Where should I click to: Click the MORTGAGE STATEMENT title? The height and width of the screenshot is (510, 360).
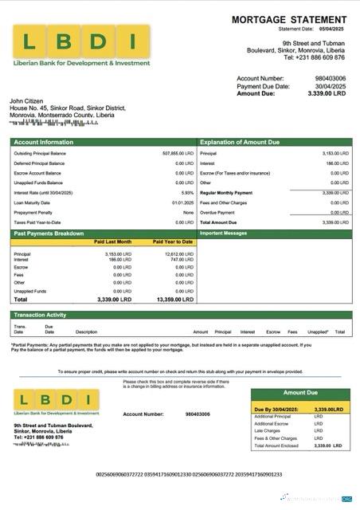click(288, 20)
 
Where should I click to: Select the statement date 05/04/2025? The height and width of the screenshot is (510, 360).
click(327, 29)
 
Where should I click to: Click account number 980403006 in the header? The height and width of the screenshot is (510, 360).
click(330, 79)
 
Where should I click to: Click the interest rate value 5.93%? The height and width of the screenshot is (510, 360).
click(187, 193)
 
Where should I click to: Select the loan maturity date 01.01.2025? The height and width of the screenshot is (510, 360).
click(183, 202)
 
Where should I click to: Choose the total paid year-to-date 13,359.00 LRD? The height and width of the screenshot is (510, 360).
click(175, 299)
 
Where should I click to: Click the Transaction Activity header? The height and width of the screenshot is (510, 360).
click(40, 315)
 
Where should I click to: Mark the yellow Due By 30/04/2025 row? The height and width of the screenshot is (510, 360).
click(300, 409)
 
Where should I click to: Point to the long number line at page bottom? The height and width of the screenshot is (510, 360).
click(189, 474)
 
